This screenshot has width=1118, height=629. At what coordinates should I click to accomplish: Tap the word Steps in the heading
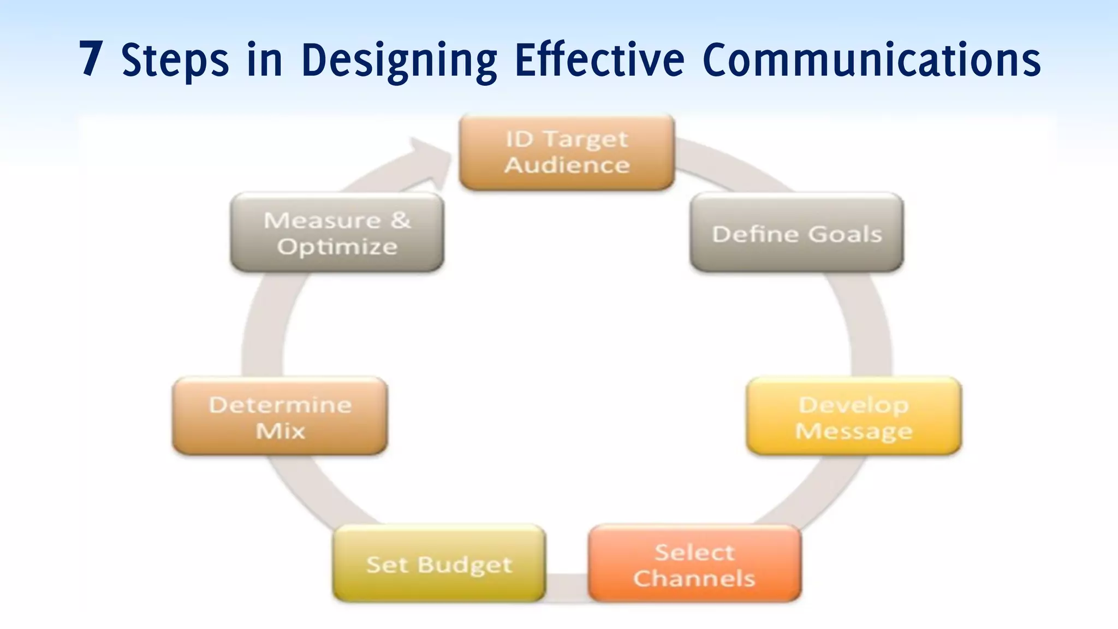[175, 60]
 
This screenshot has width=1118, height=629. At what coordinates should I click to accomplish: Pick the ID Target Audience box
[567, 152]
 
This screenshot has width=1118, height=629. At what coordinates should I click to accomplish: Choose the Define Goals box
[796, 233]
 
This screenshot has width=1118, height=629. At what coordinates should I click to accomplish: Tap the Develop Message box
[854, 417]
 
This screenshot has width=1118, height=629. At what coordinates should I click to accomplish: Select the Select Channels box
[694, 565]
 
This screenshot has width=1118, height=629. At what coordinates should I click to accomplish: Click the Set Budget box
[439, 565]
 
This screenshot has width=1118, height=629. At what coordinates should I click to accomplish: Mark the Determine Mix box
[280, 417]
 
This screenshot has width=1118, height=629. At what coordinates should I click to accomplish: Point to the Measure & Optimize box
[337, 233]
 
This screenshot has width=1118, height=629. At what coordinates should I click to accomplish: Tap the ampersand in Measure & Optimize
[400, 220]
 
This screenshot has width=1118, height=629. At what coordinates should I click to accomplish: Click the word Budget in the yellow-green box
[465, 565]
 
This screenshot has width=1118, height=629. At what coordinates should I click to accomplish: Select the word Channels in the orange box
[694, 578]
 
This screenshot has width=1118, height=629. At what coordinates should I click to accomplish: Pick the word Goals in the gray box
[845, 234]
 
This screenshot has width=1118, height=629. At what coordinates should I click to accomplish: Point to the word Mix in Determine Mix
[280, 431]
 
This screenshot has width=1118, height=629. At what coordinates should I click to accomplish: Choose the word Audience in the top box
[567, 165]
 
